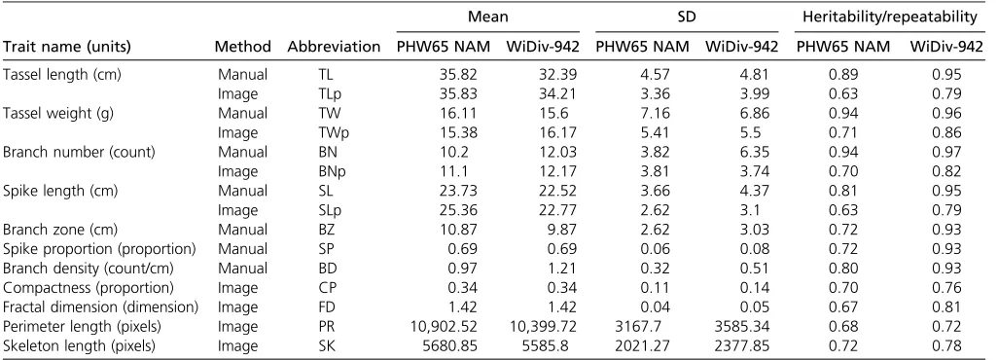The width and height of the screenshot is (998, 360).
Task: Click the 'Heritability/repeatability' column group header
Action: click(889, 18)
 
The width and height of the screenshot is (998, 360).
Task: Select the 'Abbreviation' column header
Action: click(334, 47)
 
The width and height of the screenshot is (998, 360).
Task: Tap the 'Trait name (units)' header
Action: click(67, 47)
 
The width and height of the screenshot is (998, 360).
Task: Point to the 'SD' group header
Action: click(687, 18)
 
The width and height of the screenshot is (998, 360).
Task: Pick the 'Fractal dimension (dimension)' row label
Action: click(100, 307)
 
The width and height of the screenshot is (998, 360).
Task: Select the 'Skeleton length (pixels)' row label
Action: click(80, 346)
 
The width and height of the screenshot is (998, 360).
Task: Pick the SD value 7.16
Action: click(657, 114)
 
